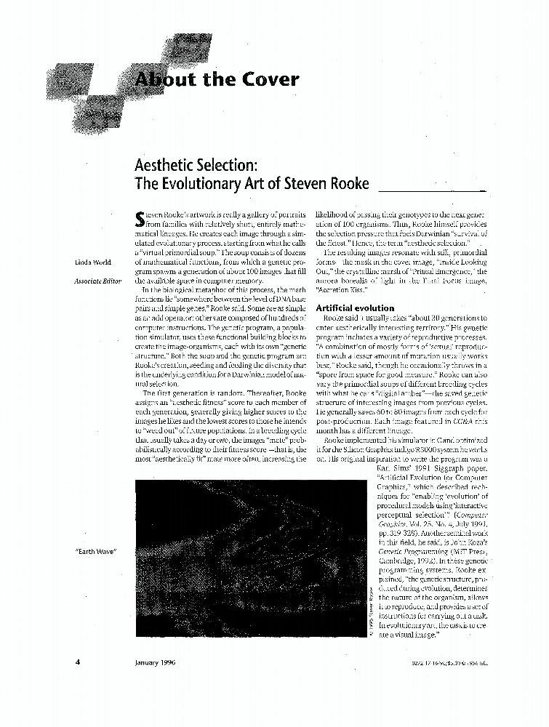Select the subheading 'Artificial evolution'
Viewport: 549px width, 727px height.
[x=355, y=308]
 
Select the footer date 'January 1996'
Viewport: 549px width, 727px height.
[x=156, y=662]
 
